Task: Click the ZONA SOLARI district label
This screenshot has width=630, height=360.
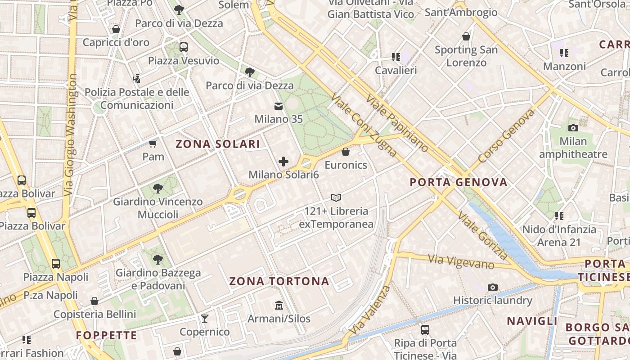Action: (218, 144)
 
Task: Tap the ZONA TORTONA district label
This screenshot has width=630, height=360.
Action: (279, 282)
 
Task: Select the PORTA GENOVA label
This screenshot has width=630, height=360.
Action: (459, 182)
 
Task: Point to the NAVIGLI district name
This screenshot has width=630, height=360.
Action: (532, 321)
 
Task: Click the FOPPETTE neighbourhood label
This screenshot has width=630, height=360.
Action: (106, 335)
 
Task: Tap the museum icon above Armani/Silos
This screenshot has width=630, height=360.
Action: (279, 306)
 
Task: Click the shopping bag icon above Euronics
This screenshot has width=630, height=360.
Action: (346, 152)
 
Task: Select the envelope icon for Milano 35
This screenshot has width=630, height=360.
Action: (279, 106)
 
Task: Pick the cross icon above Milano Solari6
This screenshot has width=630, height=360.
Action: (283, 162)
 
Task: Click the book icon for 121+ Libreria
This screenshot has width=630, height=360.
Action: (336, 198)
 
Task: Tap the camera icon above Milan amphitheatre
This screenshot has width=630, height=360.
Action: (573, 128)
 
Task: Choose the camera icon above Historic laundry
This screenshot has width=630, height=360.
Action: (493, 287)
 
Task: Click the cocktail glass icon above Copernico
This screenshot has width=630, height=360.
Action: (205, 319)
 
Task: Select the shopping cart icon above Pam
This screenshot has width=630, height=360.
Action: (153, 144)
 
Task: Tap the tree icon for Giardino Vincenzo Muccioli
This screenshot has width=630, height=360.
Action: (157, 188)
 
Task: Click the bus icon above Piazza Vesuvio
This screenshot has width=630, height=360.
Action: (183, 47)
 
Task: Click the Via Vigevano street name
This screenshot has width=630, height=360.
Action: (461, 261)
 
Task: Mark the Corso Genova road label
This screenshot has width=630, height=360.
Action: (506, 135)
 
